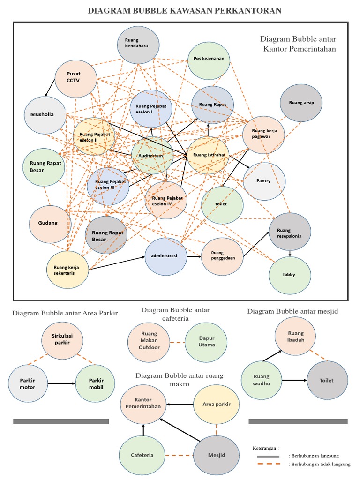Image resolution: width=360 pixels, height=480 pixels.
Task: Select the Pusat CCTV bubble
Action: (75, 77)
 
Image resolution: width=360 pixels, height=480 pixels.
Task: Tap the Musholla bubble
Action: (45, 115)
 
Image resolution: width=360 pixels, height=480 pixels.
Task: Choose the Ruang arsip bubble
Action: (301, 103)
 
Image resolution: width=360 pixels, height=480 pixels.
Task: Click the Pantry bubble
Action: (264, 181)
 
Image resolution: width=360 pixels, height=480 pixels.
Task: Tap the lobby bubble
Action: (290, 274)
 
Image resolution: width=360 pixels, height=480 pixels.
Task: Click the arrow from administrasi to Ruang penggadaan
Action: (194, 256)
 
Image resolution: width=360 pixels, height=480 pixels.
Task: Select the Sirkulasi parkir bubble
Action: (62, 339)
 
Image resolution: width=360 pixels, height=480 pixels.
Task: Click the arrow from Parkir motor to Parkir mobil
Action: (61, 383)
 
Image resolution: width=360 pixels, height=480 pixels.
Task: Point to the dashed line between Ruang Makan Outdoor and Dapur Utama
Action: (175, 343)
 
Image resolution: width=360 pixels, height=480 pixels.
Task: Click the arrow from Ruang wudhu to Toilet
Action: (294, 380)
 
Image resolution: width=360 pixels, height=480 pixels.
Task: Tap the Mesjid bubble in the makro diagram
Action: (217, 455)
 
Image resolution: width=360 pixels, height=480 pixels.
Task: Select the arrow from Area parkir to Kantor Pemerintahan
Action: (180, 404)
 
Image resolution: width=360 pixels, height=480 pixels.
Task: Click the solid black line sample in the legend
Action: (268, 456)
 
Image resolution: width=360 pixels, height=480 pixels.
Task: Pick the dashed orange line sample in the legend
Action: (268, 464)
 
